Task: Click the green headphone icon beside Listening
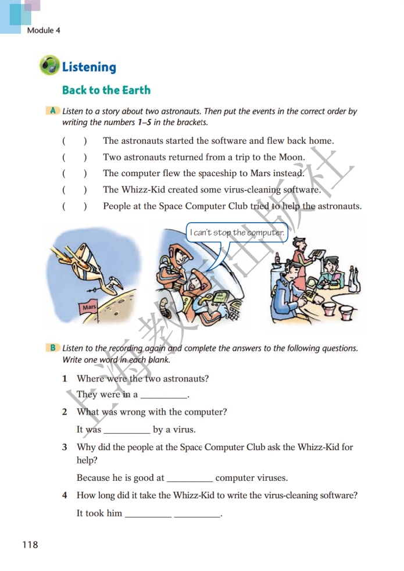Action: click(49, 66)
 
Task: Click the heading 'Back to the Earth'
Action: click(106, 90)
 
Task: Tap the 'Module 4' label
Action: click(44, 30)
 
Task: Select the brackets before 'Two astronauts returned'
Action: click(74, 157)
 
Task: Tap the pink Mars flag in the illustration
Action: click(89, 307)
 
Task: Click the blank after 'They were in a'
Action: click(164, 395)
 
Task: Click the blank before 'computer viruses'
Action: click(190, 479)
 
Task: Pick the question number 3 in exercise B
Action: click(65, 447)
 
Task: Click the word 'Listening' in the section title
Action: click(89, 67)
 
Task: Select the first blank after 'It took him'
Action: click(148, 513)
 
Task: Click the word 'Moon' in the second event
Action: click(292, 157)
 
